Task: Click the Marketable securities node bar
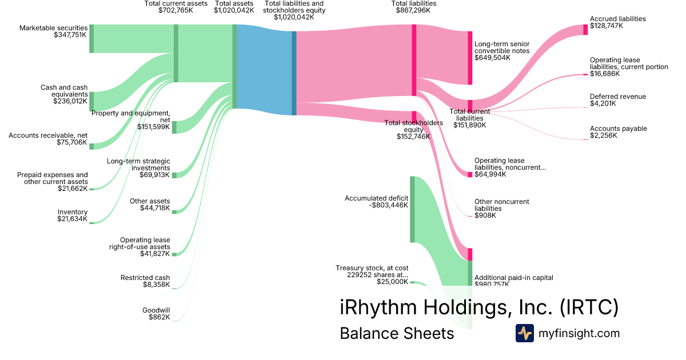click(x=91, y=39)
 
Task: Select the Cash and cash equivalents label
click(x=63, y=91)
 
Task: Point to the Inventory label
click(x=73, y=212)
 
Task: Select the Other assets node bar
click(x=174, y=211)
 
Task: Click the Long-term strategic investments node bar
click(x=174, y=175)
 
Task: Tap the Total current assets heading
click(x=176, y=3)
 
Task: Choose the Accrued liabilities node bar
click(x=585, y=30)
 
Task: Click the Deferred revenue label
click(x=618, y=97)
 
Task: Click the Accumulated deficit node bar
click(x=412, y=210)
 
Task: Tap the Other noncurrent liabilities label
click(x=502, y=205)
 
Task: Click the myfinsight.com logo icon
click(x=524, y=333)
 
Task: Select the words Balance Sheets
click(x=397, y=333)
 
